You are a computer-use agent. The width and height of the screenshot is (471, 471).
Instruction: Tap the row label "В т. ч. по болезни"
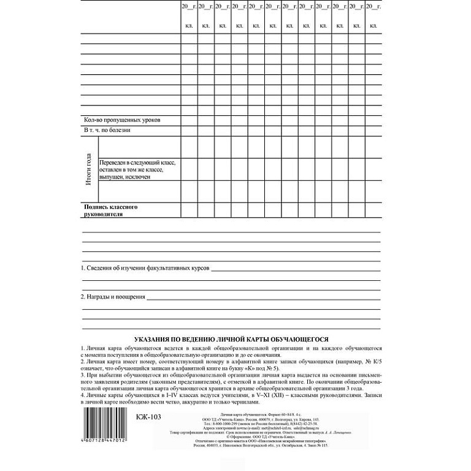point(107,130)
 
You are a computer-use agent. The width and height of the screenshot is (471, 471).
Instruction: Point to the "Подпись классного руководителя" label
point(110,211)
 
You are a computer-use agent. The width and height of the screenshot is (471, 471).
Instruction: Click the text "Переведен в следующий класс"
point(138,163)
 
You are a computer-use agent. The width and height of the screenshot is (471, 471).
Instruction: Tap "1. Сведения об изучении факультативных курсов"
point(146,269)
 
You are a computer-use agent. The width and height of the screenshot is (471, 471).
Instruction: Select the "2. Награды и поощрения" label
point(113,297)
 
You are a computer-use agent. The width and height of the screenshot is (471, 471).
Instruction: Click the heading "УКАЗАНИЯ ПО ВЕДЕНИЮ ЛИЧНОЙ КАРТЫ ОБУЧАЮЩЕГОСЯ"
point(232,338)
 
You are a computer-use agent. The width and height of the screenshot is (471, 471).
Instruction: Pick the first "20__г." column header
point(188,6)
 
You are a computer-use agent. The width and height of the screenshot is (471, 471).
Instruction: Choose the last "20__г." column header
point(373,6)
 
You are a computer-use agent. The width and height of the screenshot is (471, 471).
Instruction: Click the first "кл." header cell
point(188,26)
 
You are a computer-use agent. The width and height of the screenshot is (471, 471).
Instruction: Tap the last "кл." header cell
point(373,26)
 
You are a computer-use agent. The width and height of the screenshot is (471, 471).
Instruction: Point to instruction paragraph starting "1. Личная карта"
point(232,351)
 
